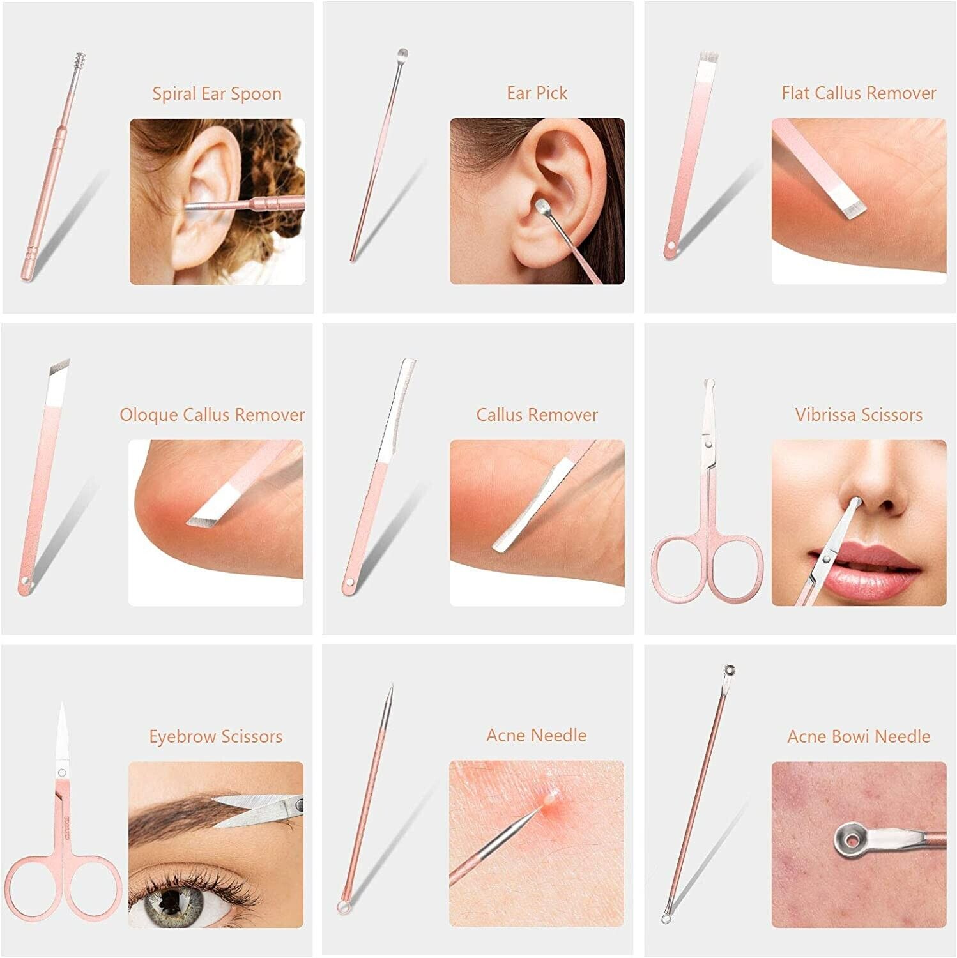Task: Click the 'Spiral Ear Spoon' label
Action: tap(217, 94)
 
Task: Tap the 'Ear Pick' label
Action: tap(537, 93)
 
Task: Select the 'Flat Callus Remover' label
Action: tap(859, 93)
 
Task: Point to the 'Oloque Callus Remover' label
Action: tap(212, 415)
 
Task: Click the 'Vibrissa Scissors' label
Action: tap(859, 415)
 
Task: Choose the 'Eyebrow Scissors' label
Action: tap(216, 736)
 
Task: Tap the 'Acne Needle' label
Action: tap(537, 736)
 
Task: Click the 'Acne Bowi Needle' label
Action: tap(859, 736)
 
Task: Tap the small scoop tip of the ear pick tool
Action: tap(402, 53)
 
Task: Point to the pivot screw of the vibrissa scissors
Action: tap(707, 441)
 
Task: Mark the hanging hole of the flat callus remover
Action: tap(670, 247)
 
